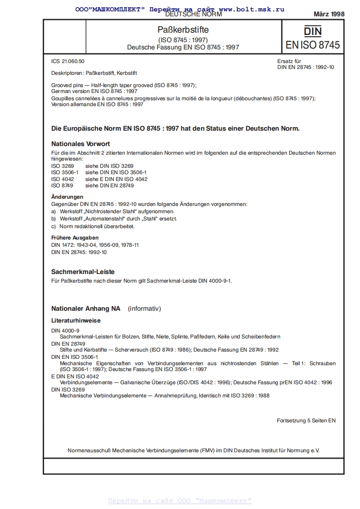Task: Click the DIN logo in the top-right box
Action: click(312, 31)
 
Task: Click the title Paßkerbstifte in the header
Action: click(183, 30)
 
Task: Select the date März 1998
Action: click(329, 14)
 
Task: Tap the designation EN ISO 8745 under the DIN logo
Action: click(312, 45)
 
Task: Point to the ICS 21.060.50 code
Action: click(68, 61)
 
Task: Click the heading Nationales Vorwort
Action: click(80, 144)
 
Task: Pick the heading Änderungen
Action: click(67, 197)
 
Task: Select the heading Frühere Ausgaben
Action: click(75, 237)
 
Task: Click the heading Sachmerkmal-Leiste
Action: click(83, 272)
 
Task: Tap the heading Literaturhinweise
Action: click(76, 320)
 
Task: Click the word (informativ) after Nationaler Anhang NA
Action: click(144, 309)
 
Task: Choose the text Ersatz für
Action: click(289, 61)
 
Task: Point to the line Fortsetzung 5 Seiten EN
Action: click(306, 421)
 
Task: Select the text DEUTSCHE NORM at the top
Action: click(193, 15)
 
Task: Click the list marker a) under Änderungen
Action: click(54, 211)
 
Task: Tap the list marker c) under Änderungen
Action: click(54, 226)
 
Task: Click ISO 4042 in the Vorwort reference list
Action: click(62, 179)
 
